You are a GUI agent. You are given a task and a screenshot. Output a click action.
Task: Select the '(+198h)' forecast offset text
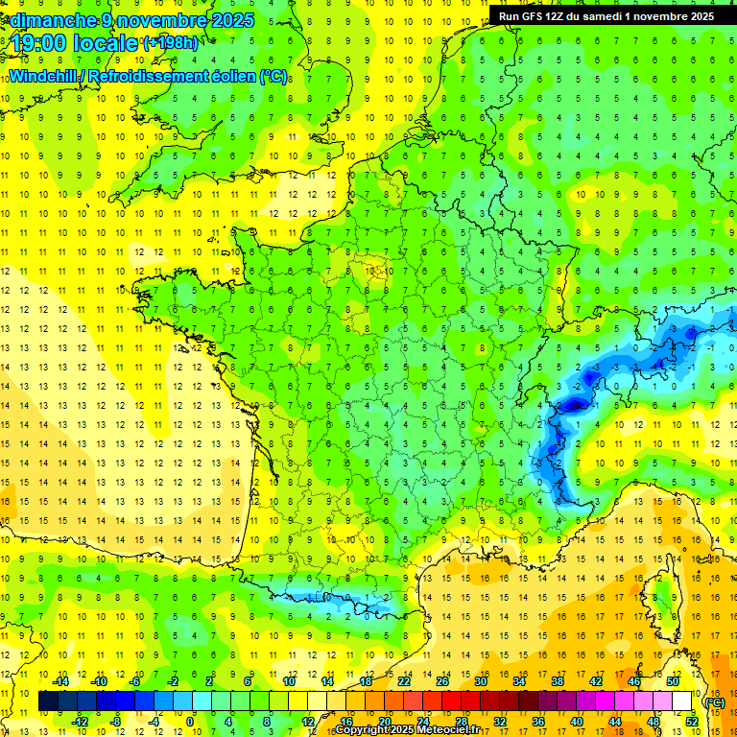[x=171, y=43]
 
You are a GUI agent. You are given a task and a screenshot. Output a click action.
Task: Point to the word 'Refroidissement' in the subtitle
[x=143, y=77]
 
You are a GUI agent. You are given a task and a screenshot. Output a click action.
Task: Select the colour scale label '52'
[x=692, y=721]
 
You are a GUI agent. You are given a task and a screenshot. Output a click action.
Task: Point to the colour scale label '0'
[x=190, y=721]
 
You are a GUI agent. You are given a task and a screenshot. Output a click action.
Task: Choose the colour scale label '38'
[x=558, y=682]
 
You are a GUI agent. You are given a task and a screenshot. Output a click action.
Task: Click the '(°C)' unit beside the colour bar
[x=714, y=701]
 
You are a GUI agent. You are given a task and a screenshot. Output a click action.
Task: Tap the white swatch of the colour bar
[x=681, y=701]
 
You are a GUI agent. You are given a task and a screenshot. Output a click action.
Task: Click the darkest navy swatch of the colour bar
[x=48, y=701]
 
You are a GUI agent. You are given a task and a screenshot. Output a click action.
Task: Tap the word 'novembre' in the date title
[x=152, y=20]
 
